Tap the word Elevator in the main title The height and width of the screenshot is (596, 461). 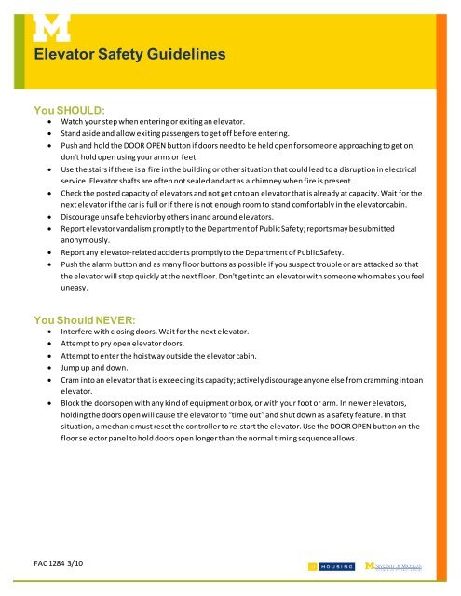[x=64, y=56]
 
